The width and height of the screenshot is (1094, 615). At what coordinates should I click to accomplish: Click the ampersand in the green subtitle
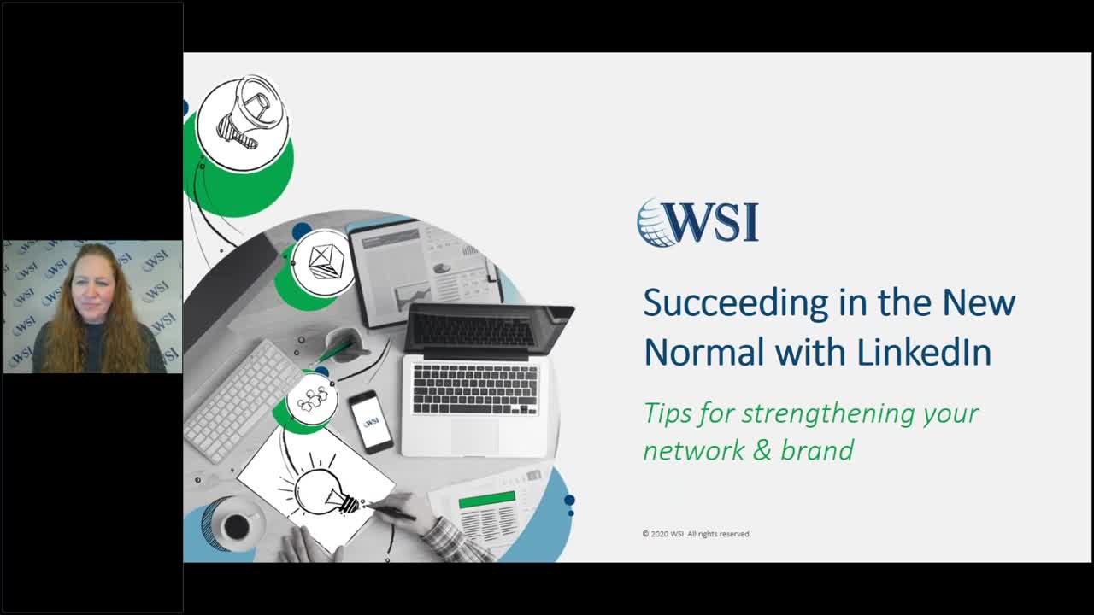[760, 450]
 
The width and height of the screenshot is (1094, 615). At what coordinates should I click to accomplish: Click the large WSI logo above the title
[698, 222]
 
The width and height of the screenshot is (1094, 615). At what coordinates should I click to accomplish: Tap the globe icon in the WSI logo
[656, 223]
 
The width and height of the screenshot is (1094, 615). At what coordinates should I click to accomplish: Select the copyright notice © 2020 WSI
[697, 534]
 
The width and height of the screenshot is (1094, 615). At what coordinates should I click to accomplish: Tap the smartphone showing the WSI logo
[371, 422]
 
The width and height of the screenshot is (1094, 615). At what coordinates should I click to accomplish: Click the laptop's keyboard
[475, 389]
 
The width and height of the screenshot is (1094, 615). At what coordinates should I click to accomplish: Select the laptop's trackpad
[474, 435]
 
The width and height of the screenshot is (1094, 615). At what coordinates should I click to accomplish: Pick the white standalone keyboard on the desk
[242, 398]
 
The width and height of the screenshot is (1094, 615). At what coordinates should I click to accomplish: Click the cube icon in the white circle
[322, 260]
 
